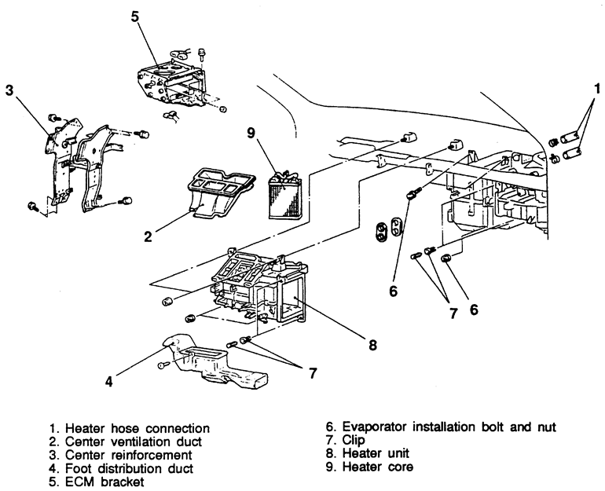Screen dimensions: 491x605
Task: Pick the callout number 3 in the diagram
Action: tap(9, 89)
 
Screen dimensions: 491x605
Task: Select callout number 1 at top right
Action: tap(597, 88)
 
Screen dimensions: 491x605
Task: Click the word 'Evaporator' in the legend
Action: tap(370, 428)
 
